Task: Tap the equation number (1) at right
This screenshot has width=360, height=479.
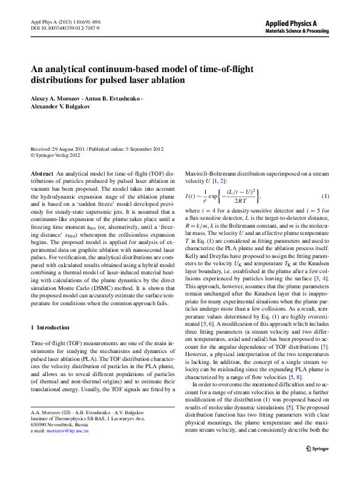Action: [325, 195]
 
